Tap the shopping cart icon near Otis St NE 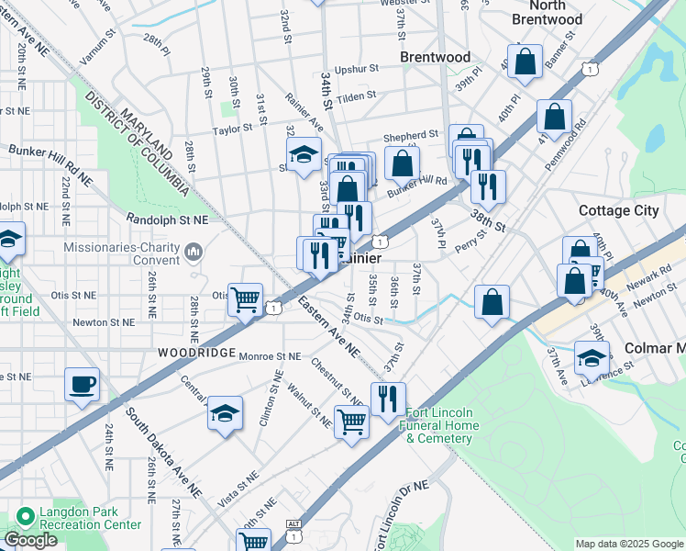pos(245,298)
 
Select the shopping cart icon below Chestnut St pos(351,422)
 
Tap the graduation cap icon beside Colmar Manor pos(592,356)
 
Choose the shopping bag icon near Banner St pos(526,62)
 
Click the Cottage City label pos(618,210)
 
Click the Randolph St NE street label pos(168,220)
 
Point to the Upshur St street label pos(357,69)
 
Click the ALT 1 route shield pos(293,523)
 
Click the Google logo pos(30,540)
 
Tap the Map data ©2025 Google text pos(629,544)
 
